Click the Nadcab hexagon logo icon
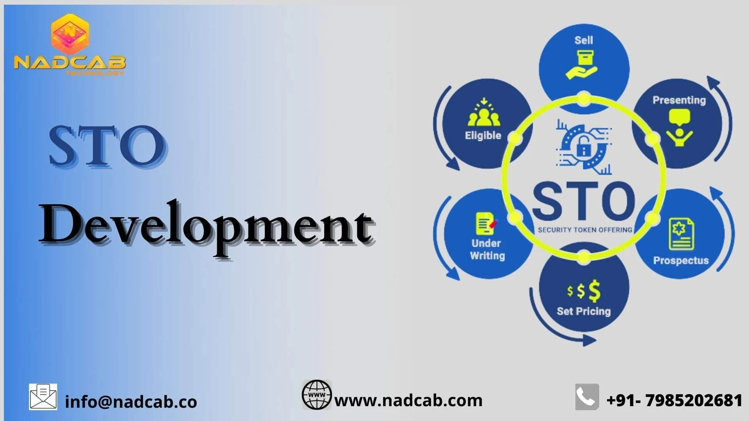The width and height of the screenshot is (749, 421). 70,34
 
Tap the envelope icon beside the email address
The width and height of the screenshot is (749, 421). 43,397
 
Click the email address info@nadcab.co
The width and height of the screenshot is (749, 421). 131,402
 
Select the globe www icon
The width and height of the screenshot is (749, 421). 316,395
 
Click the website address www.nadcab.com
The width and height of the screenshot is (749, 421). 408,401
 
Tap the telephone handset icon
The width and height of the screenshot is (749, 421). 587,397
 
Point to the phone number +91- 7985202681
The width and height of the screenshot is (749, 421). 674,401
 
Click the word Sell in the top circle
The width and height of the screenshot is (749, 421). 584,40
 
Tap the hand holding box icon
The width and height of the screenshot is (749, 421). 581,65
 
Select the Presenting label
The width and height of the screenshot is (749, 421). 679,100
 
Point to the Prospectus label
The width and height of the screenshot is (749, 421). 681,260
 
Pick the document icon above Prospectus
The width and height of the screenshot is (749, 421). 681,234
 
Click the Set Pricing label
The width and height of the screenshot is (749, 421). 584,311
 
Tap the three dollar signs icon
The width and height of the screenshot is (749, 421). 584,291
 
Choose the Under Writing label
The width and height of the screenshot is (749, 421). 487,249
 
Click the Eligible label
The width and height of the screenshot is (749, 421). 483,136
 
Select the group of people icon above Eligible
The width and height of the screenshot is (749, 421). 484,113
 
